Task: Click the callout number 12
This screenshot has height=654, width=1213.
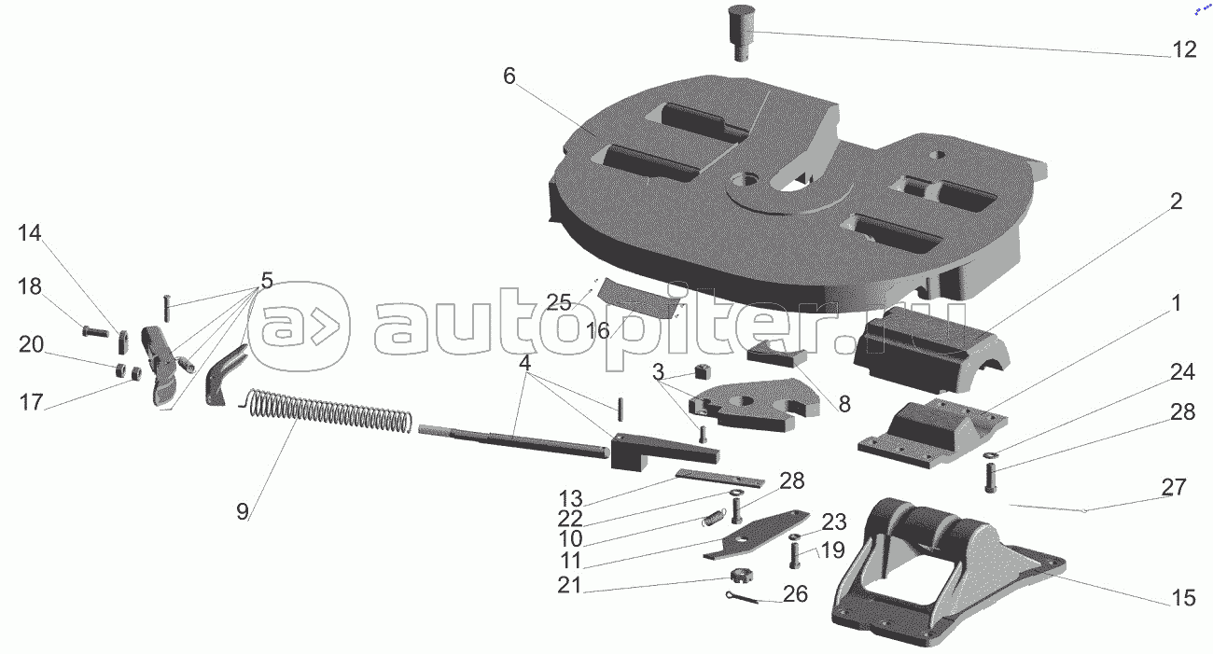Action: (1183, 50)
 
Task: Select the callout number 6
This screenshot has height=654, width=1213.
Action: (509, 77)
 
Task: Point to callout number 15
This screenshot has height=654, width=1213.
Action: (1183, 598)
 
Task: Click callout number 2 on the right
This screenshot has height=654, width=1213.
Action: (1176, 202)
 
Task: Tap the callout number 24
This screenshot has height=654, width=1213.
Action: (1182, 373)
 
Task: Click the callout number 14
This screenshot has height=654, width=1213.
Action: (30, 234)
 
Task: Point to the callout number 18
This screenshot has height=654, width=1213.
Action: (30, 286)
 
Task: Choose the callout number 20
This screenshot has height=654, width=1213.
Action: (31, 344)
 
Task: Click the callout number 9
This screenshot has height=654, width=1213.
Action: (243, 511)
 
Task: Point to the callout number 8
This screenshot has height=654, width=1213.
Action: (844, 404)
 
